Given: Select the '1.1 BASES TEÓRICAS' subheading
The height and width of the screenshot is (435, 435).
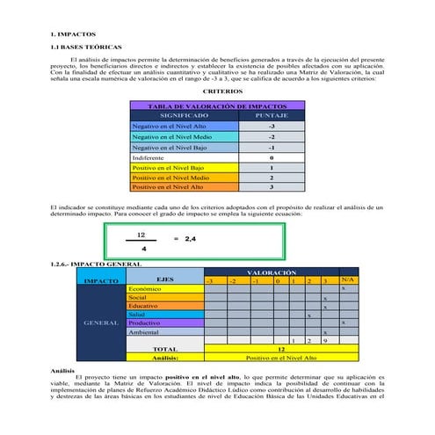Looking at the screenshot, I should tap(87, 45).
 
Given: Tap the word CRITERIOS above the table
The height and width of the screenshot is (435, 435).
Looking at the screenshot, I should tap(216, 91).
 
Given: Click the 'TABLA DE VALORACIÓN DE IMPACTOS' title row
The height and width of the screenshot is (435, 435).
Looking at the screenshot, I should tap(216, 105).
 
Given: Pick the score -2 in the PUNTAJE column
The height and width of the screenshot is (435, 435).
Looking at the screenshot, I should tap(272, 137).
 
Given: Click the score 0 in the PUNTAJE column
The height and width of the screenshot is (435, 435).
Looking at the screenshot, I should tap(272, 157).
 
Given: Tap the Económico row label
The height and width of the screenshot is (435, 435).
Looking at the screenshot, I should tap(146, 288).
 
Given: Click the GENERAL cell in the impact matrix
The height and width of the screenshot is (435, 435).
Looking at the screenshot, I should tap(96, 323).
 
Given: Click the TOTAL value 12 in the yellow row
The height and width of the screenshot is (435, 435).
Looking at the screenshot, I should tap(280, 349).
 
